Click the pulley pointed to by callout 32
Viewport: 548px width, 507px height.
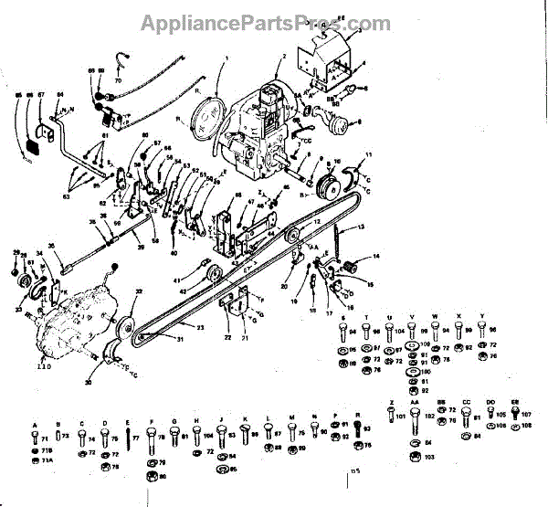125,326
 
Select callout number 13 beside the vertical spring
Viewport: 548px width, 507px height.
361,227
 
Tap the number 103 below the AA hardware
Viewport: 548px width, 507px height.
429,456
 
